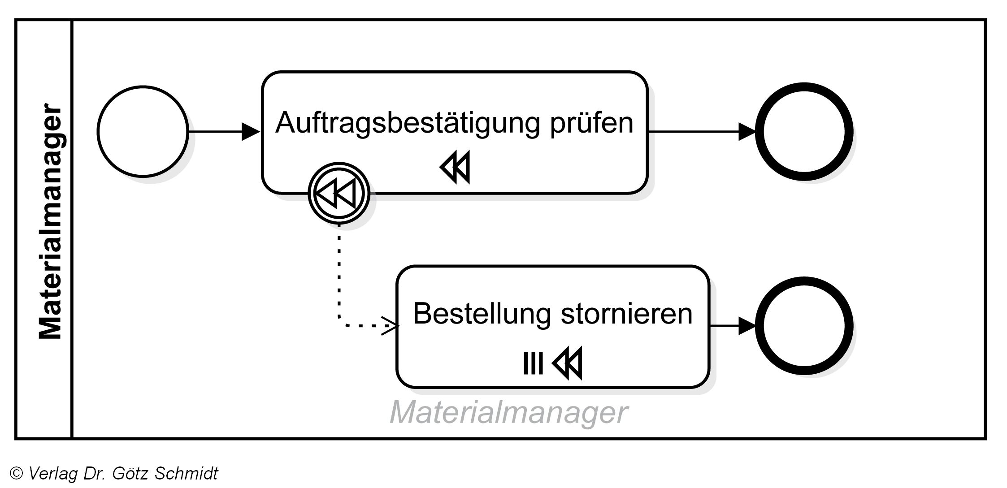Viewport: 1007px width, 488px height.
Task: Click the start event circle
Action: pos(143,131)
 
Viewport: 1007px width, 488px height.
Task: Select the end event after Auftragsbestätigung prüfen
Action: pos(803,131)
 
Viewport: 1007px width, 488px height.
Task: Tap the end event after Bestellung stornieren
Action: pos(803,326)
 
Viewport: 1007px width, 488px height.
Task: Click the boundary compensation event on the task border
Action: pos(339,194)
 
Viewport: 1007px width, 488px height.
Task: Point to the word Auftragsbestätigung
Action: pos(407,122)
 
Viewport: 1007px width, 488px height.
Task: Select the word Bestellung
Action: pos(482,313)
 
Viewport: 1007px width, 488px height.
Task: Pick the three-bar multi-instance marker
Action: pos(533,363)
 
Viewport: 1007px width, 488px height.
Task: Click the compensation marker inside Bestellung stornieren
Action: pos(568,363)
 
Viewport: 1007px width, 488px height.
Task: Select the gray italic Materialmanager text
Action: pos(508,412)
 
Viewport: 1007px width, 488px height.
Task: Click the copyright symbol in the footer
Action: pos(17,473)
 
